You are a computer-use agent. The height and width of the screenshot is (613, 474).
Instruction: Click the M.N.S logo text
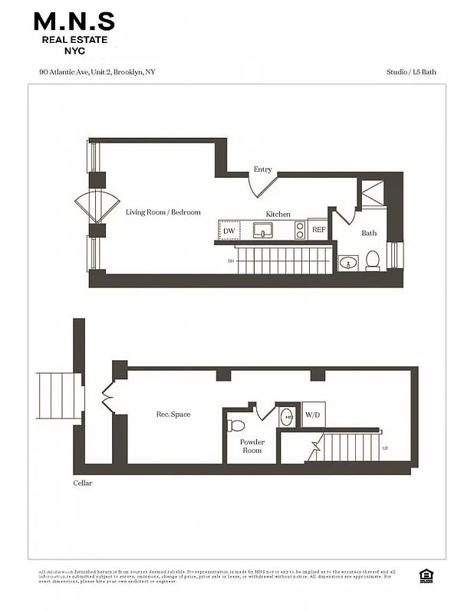click(74, 20)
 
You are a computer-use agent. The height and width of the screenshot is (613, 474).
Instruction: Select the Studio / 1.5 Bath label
click(412, 73)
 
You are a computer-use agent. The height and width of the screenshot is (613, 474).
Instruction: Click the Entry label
click(262, 169)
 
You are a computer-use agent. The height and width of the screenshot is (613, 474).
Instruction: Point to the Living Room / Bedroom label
click(163, 212)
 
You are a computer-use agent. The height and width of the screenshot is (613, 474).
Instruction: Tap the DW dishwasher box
click(229, 230)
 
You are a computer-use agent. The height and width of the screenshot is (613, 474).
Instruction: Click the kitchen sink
click(263, 230)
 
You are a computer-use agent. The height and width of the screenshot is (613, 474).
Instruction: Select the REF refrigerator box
click(318, 230)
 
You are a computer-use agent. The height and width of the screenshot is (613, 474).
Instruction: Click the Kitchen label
click(278, 214)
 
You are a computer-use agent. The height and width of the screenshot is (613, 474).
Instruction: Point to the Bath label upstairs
click(369, 233)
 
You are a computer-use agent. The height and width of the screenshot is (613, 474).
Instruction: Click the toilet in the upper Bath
click(373, 261)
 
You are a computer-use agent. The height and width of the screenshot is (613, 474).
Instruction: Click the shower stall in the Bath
click(374, 192)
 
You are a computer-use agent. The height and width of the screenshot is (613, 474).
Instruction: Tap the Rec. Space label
click(173, 415)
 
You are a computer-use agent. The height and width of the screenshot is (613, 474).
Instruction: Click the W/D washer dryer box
click(313, 415)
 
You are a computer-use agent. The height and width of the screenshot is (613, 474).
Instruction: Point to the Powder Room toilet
click(236, 425)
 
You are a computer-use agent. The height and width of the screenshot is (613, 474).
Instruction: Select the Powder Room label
click(252, 446)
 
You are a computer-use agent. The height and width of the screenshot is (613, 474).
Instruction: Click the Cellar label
click(82, 484)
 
